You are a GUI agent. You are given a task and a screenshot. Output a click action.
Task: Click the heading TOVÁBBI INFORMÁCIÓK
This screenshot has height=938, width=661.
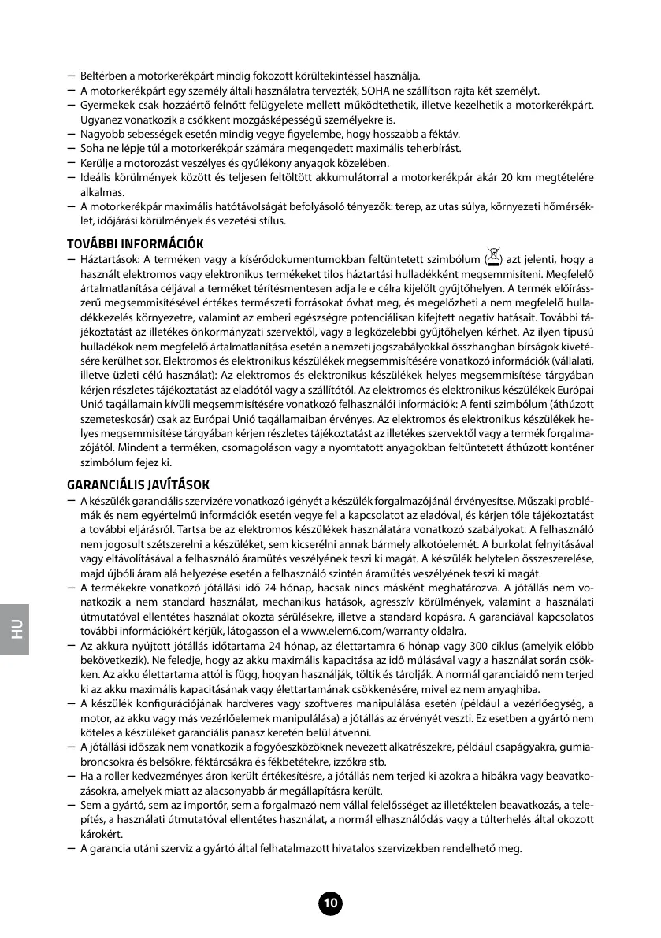tap(135, 243)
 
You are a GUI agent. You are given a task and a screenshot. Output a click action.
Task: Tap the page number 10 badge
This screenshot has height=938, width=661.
tap(330, 903)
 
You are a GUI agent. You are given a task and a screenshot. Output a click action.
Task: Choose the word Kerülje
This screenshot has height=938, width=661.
tap(98, 162)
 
